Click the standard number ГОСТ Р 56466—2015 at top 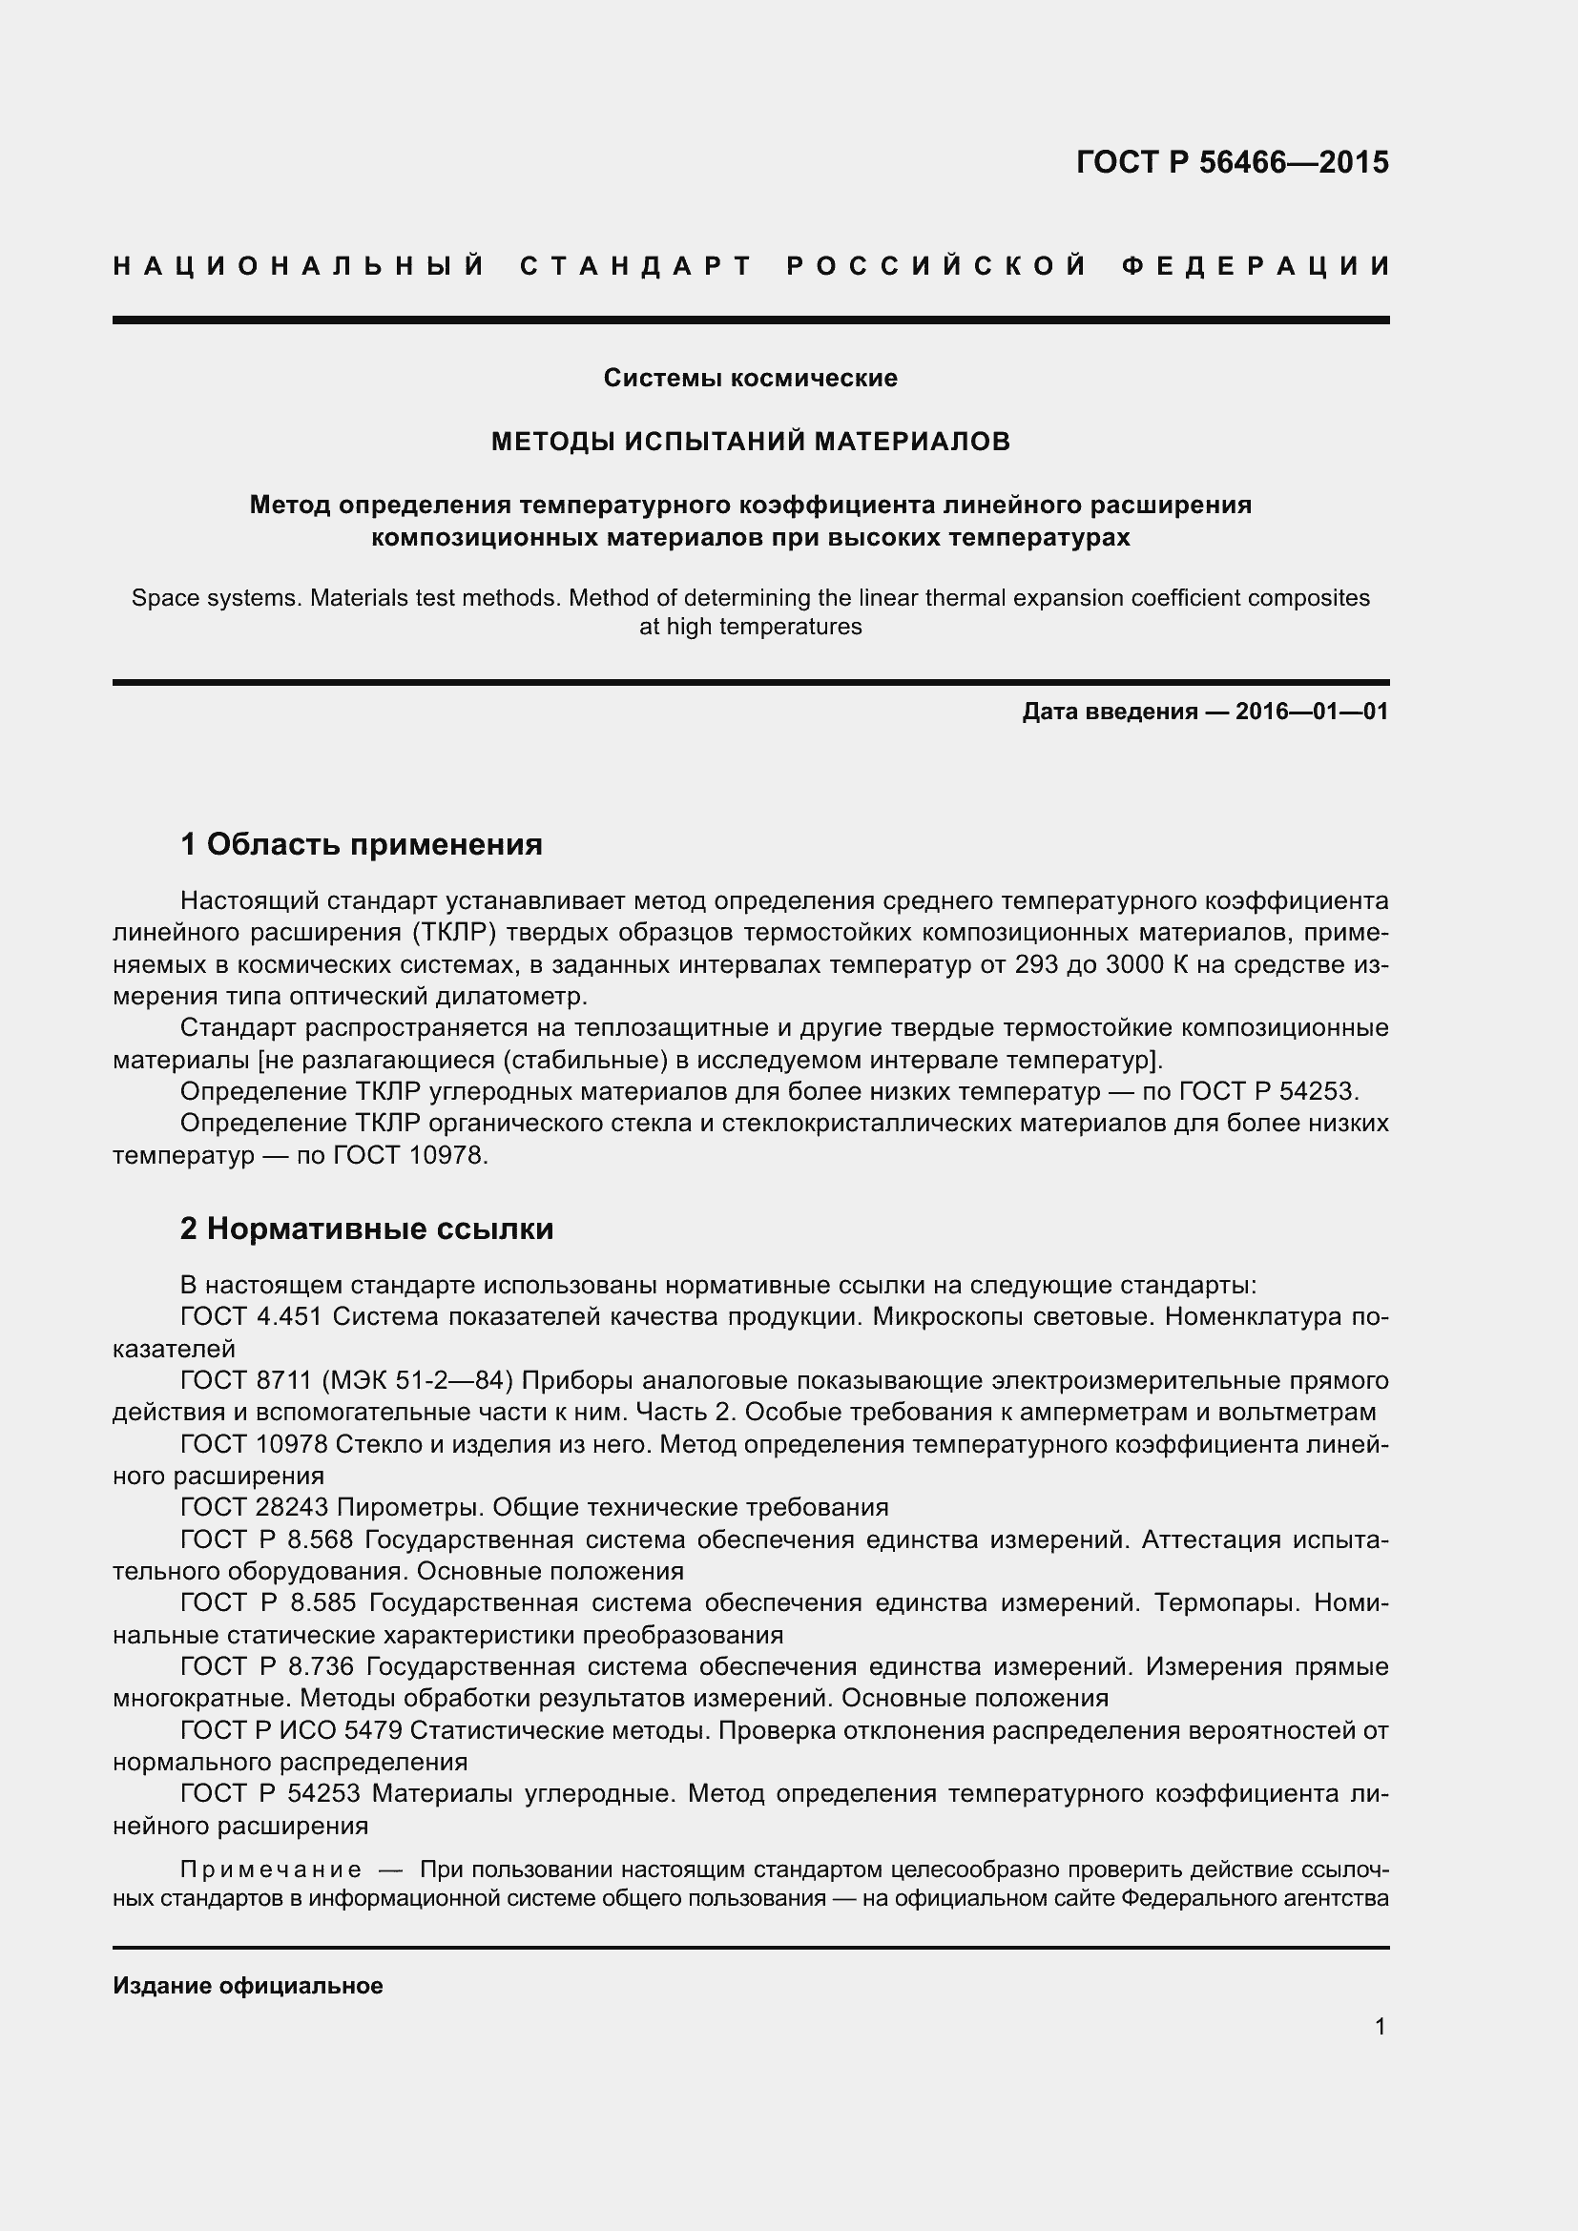[x=1232, y=162]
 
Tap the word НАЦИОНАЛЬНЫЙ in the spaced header [x=300, y=266]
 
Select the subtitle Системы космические [x=750, y=378]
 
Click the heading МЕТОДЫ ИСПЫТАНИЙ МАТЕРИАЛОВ [x=750, y=443]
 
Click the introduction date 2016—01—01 [x=1312, y=712]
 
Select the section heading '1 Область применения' [x=361, y=844]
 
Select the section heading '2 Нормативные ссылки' [x=366, y=1229]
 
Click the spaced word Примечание [x=271, y=1869]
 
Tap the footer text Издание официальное [x=248, y=1985]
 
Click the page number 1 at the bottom [x=1380, y=2026]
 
